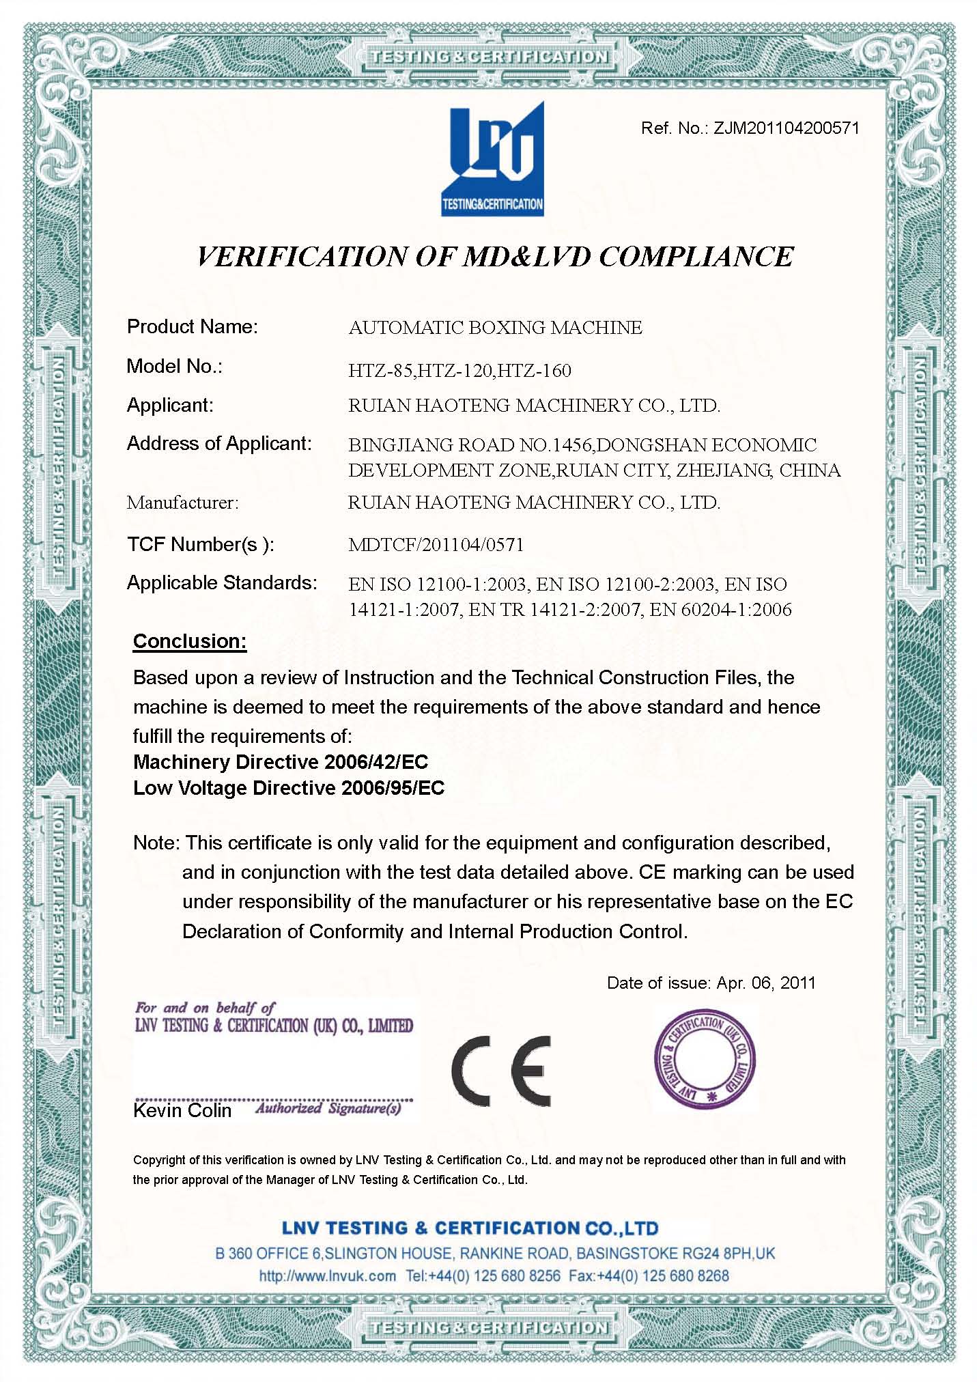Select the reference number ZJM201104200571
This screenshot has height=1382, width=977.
786,128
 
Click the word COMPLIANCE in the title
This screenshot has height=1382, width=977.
696,257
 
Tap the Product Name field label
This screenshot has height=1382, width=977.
193,327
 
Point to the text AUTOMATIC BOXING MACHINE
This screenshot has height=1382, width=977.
495,328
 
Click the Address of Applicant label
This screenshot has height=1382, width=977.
219,444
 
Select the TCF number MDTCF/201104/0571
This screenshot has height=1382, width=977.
436,544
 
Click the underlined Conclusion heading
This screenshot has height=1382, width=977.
190,641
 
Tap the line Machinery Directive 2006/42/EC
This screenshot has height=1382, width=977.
281,762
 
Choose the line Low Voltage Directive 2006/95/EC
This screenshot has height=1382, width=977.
289,788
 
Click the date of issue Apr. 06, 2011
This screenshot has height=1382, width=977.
765,983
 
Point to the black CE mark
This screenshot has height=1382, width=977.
500,1070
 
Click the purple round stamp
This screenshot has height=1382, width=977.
705,1061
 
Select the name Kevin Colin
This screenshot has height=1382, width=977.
182,1110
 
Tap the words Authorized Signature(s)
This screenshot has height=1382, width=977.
328,1108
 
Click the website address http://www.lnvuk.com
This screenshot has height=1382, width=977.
328,1275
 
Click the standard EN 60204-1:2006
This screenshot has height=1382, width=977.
720,609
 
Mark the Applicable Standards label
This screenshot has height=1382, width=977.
222,583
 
